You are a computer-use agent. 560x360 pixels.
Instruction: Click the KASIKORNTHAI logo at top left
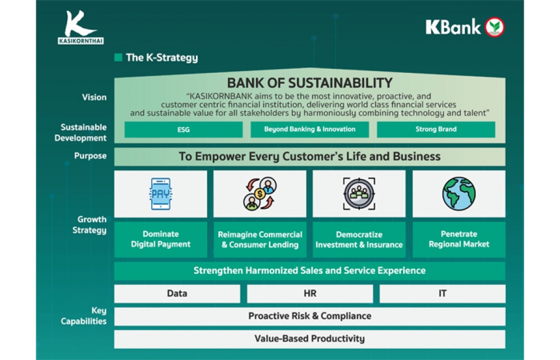[81, 27]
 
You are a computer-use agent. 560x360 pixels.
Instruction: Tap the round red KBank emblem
[494, 27]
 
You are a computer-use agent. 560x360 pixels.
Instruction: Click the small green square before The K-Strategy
[118, 58]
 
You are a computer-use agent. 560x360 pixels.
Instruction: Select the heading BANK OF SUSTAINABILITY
[310, 83]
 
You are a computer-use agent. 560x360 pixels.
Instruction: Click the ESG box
[184, 129]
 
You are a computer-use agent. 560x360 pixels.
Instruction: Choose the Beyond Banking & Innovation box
[310, 129]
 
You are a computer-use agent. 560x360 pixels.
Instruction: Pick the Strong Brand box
[436, 129]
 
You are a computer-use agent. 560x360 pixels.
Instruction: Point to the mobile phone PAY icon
[161, 194]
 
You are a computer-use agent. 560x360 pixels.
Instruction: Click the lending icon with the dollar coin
[260, 194]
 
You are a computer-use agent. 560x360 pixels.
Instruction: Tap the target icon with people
[360, 194]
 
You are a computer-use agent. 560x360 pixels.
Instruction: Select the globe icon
[459, 194]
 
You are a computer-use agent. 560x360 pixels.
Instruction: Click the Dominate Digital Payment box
[161, 239]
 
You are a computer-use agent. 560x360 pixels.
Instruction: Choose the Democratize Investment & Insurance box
[360, 239]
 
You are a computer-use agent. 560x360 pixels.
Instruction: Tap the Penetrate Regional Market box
[459, 239]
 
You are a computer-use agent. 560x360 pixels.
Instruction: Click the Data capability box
[177, 293]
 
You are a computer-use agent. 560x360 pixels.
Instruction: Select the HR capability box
[310, 293]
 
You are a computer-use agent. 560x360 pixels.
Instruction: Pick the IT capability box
[442, 293]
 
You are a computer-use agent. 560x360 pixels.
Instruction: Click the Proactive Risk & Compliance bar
[310, 316]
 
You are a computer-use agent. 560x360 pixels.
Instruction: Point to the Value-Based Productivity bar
[310, 339]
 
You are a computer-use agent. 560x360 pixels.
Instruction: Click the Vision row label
[94, 97]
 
